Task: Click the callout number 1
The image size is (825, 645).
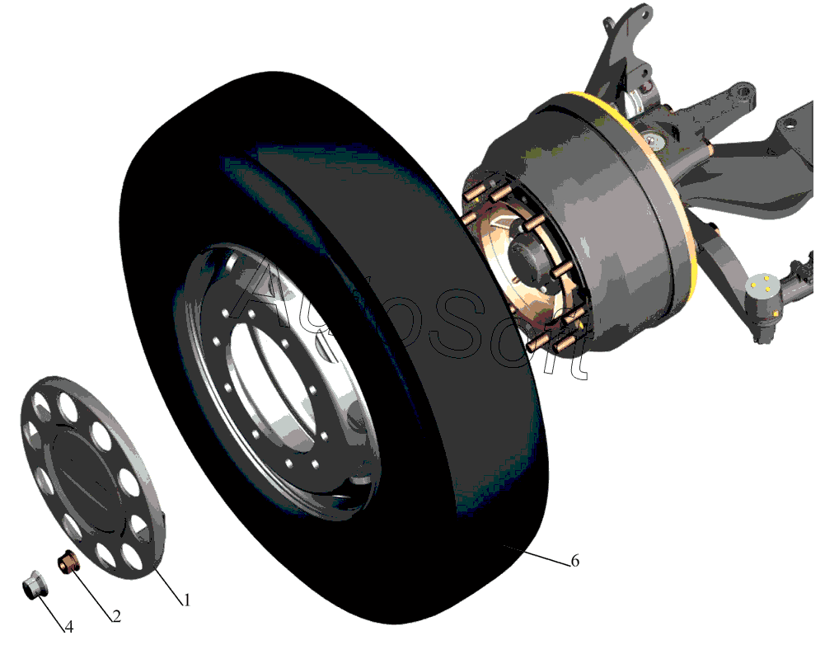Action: click(x=185, y=600)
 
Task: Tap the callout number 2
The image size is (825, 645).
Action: click(x=117, y=615)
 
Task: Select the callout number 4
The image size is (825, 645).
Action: click(x=69, y=627)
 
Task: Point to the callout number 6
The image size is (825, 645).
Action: click(x=575, y=561)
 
